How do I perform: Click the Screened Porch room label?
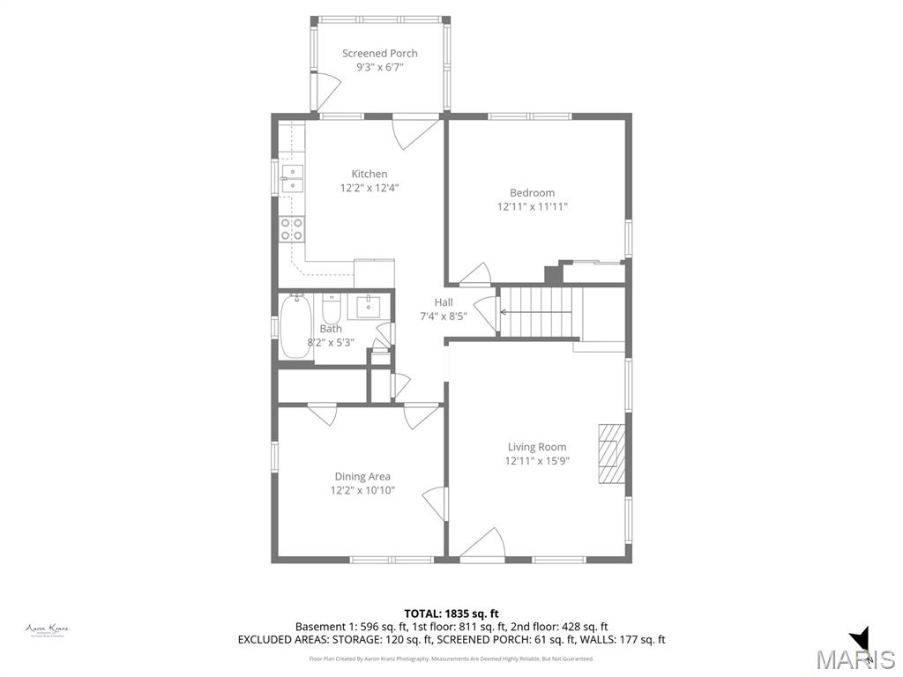pos(379,53)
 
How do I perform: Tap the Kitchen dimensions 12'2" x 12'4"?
pos(369,188)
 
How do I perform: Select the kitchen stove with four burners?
pos(292,229)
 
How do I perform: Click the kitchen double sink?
pos(292,177)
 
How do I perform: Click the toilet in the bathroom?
pos(332,310)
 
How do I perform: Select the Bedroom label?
pos(532,193)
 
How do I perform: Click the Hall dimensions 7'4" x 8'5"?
pos(443,316)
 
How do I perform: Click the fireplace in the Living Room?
pos(611,453)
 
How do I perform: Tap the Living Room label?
pos(536,447)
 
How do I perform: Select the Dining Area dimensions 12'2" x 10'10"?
pos(362,490)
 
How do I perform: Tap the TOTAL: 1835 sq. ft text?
pos(451,614)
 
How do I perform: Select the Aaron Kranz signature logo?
pos(47,629)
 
